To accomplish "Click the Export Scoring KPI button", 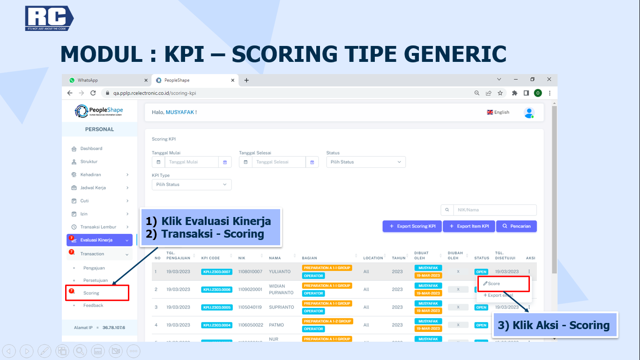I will coord(412,226).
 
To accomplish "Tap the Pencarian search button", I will coord(516,226).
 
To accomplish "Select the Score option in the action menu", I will coord(493,284).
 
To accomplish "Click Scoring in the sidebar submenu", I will coord(91,293).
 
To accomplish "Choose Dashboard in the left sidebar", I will coord(91,149).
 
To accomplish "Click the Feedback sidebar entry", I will coord(93,306).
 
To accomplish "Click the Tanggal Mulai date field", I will coord(191,162).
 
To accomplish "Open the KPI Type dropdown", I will coord(191,185).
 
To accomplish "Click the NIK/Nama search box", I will coord(494,210).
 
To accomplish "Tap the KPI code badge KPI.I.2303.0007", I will coord(216,272).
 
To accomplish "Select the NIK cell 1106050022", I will coord(250,325).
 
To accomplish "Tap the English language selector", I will coord(498,112).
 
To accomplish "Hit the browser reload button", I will coord(93,93).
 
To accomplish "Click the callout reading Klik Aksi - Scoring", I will coord(555,325).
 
